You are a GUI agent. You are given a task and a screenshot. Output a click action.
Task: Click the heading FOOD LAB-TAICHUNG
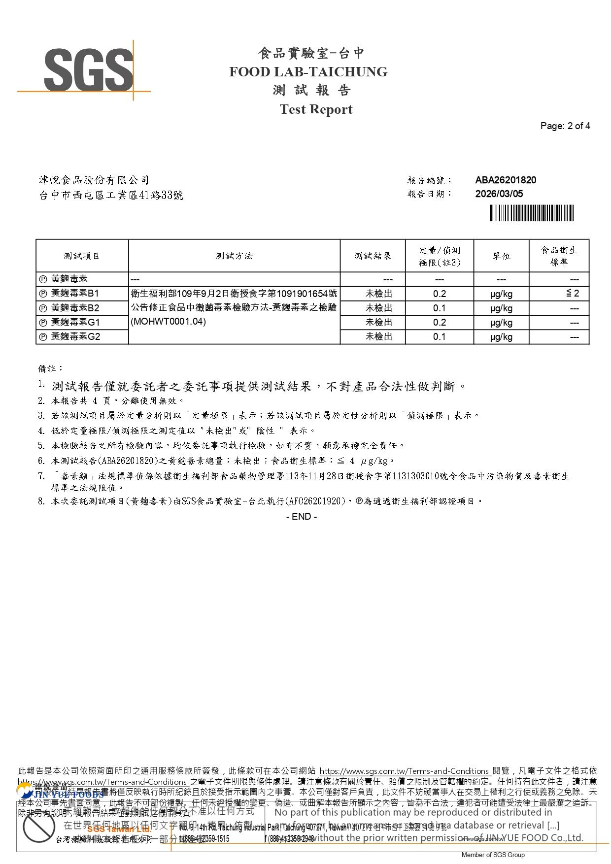308,72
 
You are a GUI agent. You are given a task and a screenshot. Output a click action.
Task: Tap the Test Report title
316,109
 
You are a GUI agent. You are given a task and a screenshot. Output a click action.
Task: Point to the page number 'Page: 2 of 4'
565,126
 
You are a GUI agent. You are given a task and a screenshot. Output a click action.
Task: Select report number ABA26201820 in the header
506,180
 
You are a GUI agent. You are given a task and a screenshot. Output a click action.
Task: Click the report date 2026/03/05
499,194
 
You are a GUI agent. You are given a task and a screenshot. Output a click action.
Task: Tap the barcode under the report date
532,213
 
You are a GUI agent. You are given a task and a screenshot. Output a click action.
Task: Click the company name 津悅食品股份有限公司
94,180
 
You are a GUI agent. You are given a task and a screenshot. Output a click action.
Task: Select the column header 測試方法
234,256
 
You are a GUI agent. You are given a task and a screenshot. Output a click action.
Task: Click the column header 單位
501,256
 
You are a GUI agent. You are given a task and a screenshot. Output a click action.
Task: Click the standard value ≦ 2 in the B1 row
572,294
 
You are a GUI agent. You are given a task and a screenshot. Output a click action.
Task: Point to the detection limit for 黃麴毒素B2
439,308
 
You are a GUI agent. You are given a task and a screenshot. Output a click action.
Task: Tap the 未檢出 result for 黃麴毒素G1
379,323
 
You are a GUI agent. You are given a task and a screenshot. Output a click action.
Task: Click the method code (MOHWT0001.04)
168,322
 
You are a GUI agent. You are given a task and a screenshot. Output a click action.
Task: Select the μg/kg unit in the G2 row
501,337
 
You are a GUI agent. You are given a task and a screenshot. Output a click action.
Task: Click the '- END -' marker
302,517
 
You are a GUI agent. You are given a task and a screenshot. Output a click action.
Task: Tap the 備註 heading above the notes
51,368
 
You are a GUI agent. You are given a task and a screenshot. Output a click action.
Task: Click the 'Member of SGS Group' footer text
493,855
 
